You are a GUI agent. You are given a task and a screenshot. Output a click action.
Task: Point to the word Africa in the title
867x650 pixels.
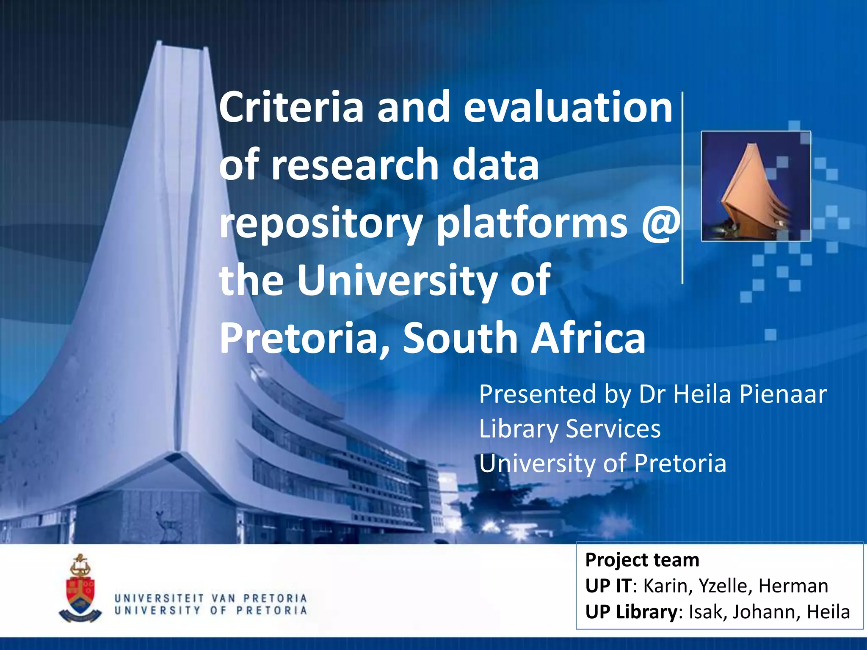tap(588, 338)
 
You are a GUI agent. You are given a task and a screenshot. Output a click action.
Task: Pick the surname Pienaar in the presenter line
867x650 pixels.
tap(783, 394)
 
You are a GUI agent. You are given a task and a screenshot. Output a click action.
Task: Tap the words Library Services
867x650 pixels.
tap(569, 429)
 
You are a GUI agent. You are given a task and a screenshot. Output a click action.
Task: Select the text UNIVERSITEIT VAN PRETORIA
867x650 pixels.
tap(210, 598)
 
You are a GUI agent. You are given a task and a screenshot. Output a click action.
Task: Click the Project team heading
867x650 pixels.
tap(642, 560)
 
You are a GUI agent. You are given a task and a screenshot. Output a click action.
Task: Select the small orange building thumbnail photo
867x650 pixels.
tap(756, 186)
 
